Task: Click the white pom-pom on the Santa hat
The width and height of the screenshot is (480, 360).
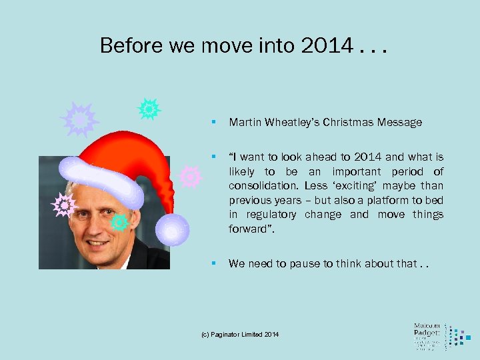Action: click(172, 229)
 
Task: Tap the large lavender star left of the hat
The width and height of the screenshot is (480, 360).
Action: click(79, 119)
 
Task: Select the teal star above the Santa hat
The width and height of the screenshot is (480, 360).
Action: click(149, 108)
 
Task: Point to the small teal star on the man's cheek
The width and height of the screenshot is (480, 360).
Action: click(120, 222)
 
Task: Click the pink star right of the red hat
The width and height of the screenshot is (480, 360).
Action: click(191, 177)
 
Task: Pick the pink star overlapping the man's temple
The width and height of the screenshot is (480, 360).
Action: click(64, 205)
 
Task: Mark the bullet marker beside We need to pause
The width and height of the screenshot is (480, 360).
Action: click(213, 263)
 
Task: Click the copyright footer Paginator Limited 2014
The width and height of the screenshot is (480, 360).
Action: click(241, 333)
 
